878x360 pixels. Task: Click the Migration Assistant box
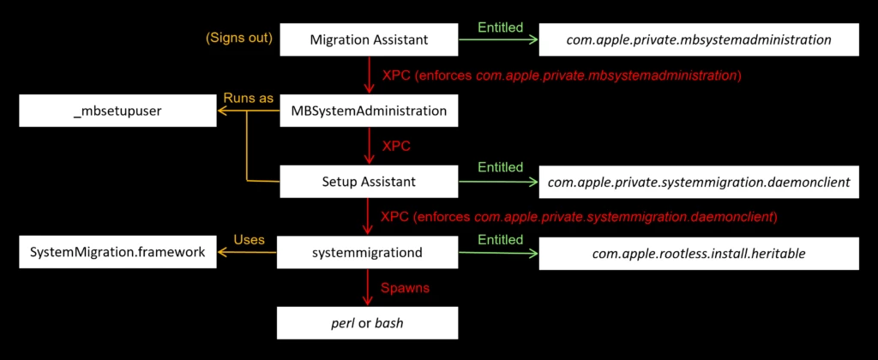(x=368, y=39)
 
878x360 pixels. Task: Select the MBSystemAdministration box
(x=368, y=111)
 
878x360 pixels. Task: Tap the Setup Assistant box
(x=368, y=182)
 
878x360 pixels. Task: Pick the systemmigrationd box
(x=368, y=253)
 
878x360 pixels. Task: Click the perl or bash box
(x=368, y=324)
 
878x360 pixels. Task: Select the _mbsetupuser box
(x=118, y=111)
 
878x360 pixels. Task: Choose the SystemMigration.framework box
(x=118, y=253)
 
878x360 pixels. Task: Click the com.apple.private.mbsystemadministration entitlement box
(x=698, y=39)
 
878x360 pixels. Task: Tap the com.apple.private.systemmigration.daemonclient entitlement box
(x=698, y=182)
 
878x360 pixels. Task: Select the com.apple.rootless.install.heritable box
(x=698, y=253)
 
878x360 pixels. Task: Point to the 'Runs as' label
(x=248, y=98)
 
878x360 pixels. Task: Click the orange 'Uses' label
(x=249, y=240)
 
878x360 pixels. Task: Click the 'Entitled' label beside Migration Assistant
(x=500, y=27)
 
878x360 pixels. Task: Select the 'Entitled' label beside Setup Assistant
(x=500, y=167)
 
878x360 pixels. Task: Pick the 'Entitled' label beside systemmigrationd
(x=500, y=238)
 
